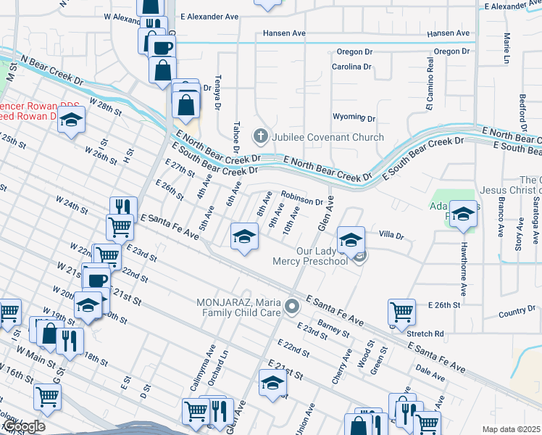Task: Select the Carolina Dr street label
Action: click(x=352, y=67)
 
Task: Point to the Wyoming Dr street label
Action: click(x=354, y=117)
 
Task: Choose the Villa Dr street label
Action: click(x=392, y=235)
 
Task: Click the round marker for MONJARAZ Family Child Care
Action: click(x=292, y=307)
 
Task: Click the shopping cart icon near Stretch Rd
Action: click(x=401, y=311)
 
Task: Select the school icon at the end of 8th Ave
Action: click(x=244, y=236)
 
